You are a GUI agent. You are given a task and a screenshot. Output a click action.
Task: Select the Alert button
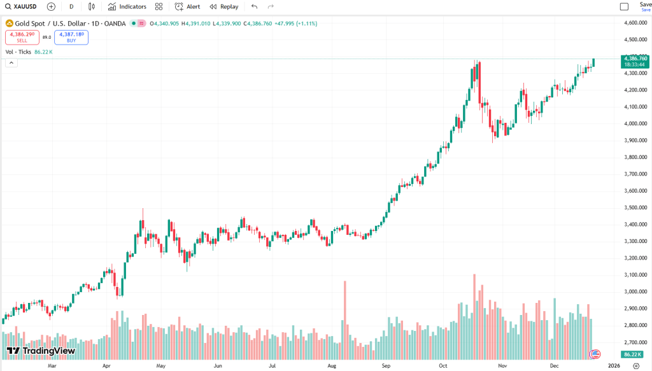pos(188,6)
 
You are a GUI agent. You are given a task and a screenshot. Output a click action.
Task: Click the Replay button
pos(224,6)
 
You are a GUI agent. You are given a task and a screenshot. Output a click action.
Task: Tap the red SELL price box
pos(22,38)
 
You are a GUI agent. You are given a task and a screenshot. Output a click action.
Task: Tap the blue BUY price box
pos(71,38)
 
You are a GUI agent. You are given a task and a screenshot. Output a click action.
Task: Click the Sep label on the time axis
pos(386,366)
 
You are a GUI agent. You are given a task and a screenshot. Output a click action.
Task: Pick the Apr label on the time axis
pos(106,366)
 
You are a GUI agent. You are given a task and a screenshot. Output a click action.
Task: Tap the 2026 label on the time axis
pos(614,366)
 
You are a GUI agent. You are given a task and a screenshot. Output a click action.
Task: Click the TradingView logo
pos(41,351)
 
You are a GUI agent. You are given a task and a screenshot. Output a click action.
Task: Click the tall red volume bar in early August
pos(344,318)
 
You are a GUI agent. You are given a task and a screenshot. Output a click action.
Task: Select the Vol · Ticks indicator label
pos(18,52)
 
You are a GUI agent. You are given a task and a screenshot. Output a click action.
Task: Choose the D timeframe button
pos(71,6)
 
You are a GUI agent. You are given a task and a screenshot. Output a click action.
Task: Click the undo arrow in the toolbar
pos(255,6)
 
